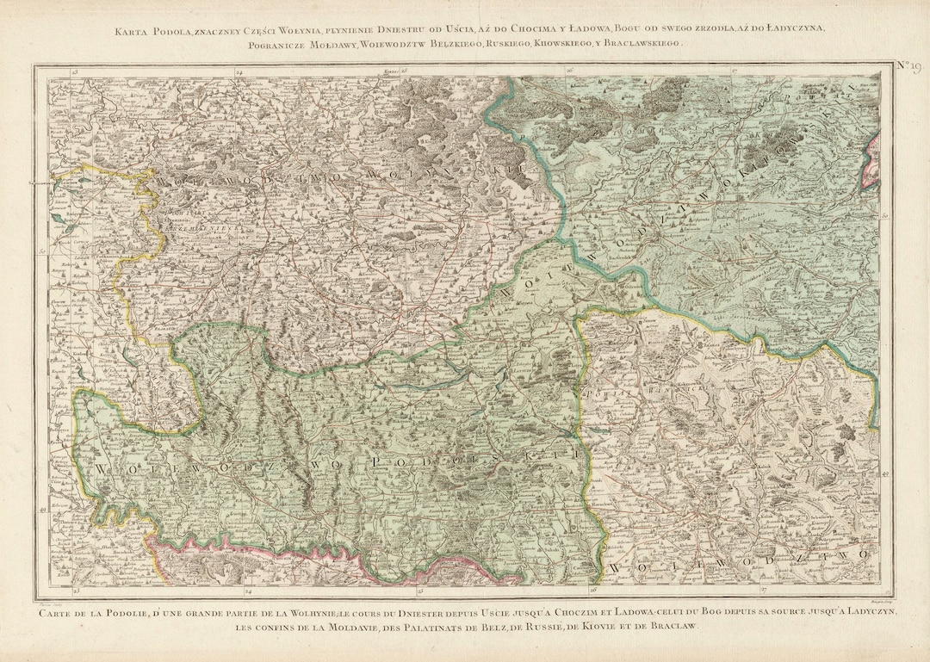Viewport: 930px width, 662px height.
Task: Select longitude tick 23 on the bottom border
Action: click(x=77, y=591)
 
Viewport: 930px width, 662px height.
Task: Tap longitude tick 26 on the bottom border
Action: click(x=593, y=591)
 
